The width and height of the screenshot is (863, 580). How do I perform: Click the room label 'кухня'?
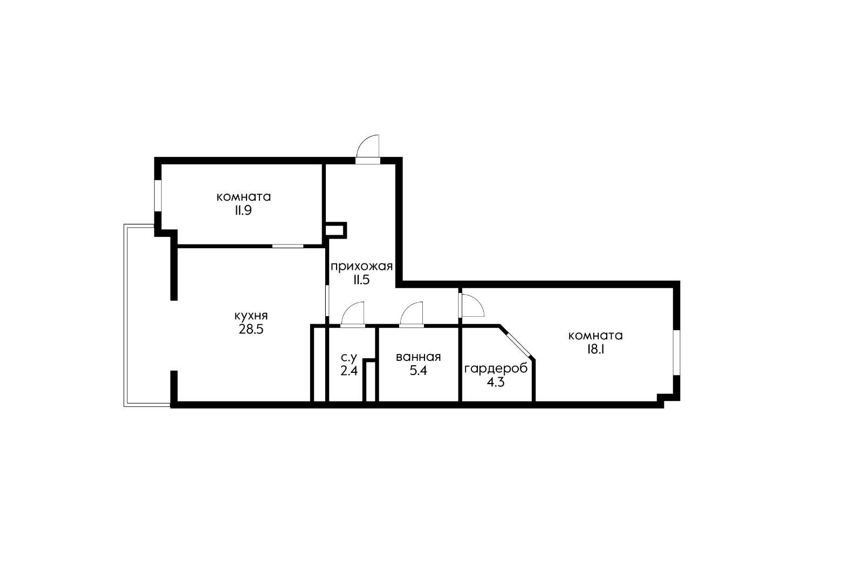point(251,316)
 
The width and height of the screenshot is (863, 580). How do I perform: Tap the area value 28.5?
point(251,329)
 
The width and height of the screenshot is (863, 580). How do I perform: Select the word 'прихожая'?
point(361,266)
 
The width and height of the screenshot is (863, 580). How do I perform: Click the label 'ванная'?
point(418,357)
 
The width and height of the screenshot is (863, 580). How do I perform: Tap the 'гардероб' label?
point(496,369)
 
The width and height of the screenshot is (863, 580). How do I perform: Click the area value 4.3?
point(496,383)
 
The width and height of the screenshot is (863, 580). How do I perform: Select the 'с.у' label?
point(349,357)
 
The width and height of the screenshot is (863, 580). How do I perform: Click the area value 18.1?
point(595,349)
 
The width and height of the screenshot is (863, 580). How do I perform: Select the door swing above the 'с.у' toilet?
point(354,315)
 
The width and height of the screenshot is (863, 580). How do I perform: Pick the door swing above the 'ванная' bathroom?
point(413,315)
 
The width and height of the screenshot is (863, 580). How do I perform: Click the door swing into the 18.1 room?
point(471,305)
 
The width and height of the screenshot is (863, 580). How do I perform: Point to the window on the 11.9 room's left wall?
point(158,195)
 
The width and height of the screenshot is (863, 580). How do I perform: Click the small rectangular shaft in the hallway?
point(335,230)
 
